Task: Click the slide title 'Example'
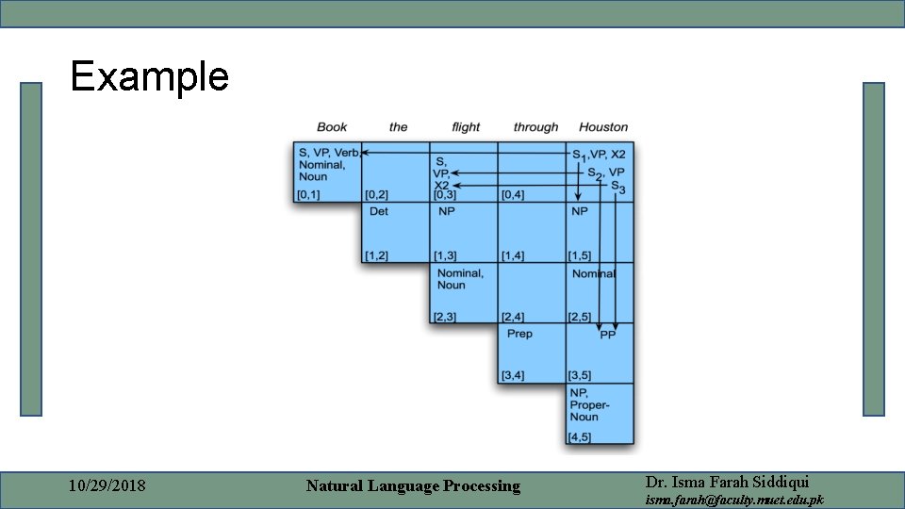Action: (149, 76)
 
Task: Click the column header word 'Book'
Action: (332, 127)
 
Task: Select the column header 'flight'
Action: (466, 127)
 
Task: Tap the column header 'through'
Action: (535, 127)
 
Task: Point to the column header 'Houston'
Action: (603, 127)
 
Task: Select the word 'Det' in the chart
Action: (379, 212)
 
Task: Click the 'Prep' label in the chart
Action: (519, 334)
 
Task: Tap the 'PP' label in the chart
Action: (607, 335)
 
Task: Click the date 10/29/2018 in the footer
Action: (107, 486)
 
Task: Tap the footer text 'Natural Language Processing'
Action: (413, 486)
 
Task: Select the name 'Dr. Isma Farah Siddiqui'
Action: (727, 481)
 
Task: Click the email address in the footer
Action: (734, 500)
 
